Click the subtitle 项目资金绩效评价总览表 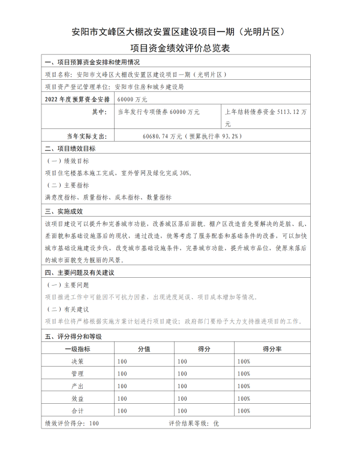tap(181, 49)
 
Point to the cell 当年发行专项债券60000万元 tap(158, 112)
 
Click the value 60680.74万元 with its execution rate tap(192, 136)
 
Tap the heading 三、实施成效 tap(64, 211)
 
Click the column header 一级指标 tap(77, 349)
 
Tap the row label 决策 tap(77, 361)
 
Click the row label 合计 tap(77, 410)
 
